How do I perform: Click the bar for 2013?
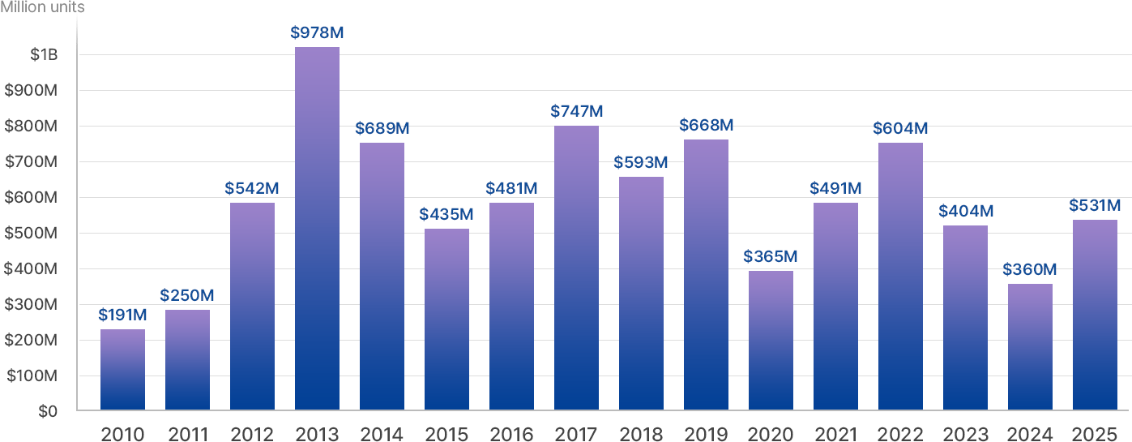317,228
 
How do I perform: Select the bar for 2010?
122,369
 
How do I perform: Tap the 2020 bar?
771,340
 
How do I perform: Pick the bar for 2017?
576,268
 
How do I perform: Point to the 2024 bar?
1030,346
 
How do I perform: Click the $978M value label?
317,33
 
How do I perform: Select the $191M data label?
122,315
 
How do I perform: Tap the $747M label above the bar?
576,111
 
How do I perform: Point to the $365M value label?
771,256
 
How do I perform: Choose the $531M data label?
1095,205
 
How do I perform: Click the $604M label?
900,128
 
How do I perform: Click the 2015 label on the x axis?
446,434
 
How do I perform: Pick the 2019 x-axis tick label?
706,434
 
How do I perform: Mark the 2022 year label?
900,434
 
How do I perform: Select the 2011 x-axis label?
187,434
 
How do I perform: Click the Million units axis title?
42,8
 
